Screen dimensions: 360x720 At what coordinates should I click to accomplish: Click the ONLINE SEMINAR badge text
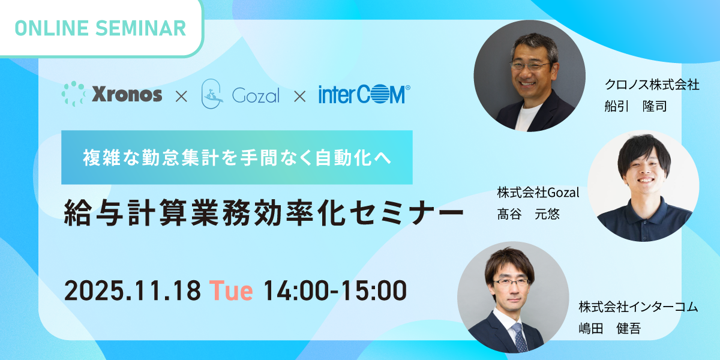(99, 28)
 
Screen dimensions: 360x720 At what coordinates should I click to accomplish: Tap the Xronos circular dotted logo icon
(73, 94)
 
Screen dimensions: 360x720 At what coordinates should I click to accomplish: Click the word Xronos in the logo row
(127, 95)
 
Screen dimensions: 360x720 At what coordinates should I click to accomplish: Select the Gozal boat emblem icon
(213, 94)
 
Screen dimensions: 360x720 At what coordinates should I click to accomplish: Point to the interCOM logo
(364, 95)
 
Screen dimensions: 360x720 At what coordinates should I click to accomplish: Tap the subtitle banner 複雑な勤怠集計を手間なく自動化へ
(236, 158)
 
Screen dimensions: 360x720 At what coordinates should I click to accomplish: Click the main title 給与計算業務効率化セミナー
(263, 214)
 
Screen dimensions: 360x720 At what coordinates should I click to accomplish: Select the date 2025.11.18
(132, 291)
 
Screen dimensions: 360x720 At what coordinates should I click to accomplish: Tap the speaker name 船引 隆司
(635, 106)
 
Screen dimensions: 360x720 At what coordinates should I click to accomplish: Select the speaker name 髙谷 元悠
(528, 214)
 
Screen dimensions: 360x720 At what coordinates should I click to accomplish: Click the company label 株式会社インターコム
(638, 307)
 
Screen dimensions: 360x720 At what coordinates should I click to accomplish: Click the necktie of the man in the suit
(518, 336)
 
